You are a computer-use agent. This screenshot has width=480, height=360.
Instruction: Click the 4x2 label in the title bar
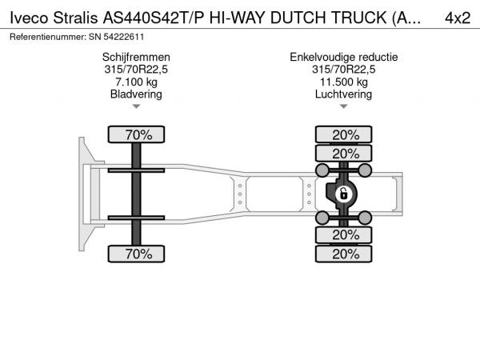(x=458, y=18)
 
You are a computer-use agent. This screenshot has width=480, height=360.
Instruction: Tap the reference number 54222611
(x=124, y=37)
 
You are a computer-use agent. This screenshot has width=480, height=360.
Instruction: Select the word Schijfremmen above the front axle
(x=136, y=58)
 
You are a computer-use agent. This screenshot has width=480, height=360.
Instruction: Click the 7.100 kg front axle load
(x=136, y=82)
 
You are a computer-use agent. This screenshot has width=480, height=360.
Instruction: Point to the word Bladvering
(x=136, y=94)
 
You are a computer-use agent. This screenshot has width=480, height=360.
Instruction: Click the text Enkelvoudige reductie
(x=344, y=58)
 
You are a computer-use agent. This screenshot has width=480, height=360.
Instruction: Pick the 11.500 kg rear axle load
(x=344, y=82)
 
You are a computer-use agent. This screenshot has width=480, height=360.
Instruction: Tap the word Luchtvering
(x=344, y=94)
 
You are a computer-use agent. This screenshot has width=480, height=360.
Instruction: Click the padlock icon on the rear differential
(x=343, y=194)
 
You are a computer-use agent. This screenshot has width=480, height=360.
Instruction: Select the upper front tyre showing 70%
(x=136, y=134)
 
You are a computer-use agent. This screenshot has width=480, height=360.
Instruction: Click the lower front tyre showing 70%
(x=136, y=254)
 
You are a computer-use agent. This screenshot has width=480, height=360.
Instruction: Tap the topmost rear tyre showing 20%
(x=344, y=134)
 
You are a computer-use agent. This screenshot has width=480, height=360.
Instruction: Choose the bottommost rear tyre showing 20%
(x=344, y=254)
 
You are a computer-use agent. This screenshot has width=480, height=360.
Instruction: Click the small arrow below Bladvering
(x=136, y=106)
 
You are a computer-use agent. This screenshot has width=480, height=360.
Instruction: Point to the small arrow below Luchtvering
(x=344, y=106)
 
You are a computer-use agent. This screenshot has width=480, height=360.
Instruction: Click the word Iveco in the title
(x=29, y=18)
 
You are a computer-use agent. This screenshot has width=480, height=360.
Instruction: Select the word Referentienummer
(x=48, y=37)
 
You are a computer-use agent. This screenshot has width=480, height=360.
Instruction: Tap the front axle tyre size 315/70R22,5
(x=136, y=70)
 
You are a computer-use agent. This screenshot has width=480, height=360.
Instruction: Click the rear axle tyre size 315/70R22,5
(x=344, y=70)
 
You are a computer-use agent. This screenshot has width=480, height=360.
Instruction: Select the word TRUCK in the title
(x=358, y=18)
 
